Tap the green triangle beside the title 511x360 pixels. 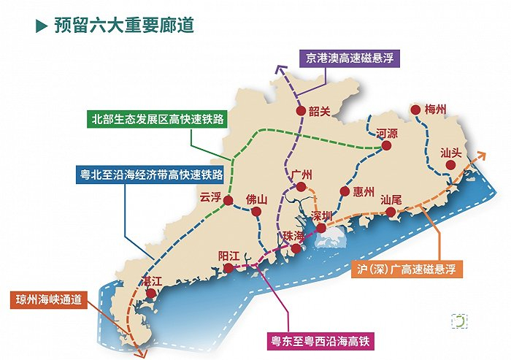[42, 26]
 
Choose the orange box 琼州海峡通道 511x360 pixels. [53, 300]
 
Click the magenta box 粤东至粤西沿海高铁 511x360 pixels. [322, 341]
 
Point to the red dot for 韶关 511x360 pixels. [300, 111]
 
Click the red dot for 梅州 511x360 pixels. [415, 110]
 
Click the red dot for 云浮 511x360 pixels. [228, 200]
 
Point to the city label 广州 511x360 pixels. [301, 175]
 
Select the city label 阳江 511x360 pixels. [229, 256]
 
